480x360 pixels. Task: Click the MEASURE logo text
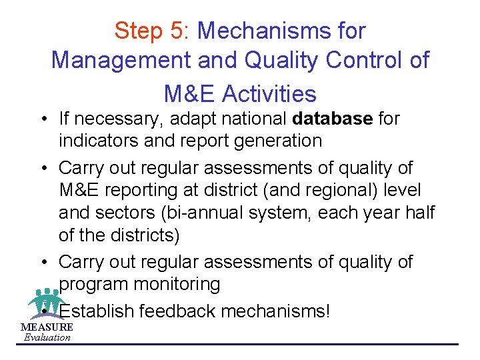[47, 327]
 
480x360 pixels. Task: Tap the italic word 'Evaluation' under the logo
[47, 337]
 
